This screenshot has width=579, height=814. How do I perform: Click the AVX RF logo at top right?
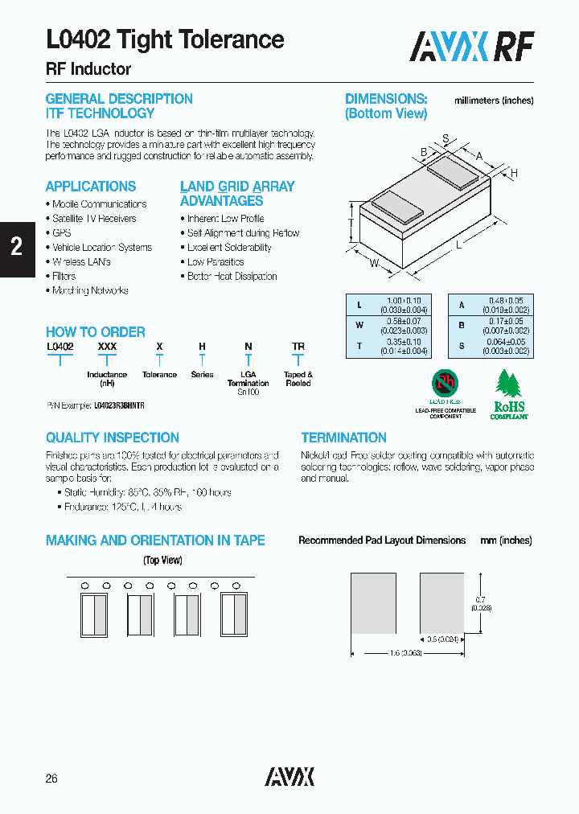pos(471,47)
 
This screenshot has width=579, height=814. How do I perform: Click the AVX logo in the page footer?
pos(289,776)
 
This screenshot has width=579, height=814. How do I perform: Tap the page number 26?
pos(52,779)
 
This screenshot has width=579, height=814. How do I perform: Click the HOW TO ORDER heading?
pos(95,332)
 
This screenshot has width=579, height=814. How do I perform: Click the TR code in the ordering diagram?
pos(298,347)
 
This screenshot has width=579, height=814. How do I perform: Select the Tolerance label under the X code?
pos(159,375)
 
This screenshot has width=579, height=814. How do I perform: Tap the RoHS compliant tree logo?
pos(509,394)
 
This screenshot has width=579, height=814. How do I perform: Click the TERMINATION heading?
pos(343,438)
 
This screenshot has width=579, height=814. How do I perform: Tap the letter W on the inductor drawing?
pos(374,263)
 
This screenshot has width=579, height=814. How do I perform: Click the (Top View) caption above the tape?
pos(162,561)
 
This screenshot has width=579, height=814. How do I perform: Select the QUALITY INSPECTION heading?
pos(112,438)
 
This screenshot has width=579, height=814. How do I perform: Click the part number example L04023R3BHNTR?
pos(119,407)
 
